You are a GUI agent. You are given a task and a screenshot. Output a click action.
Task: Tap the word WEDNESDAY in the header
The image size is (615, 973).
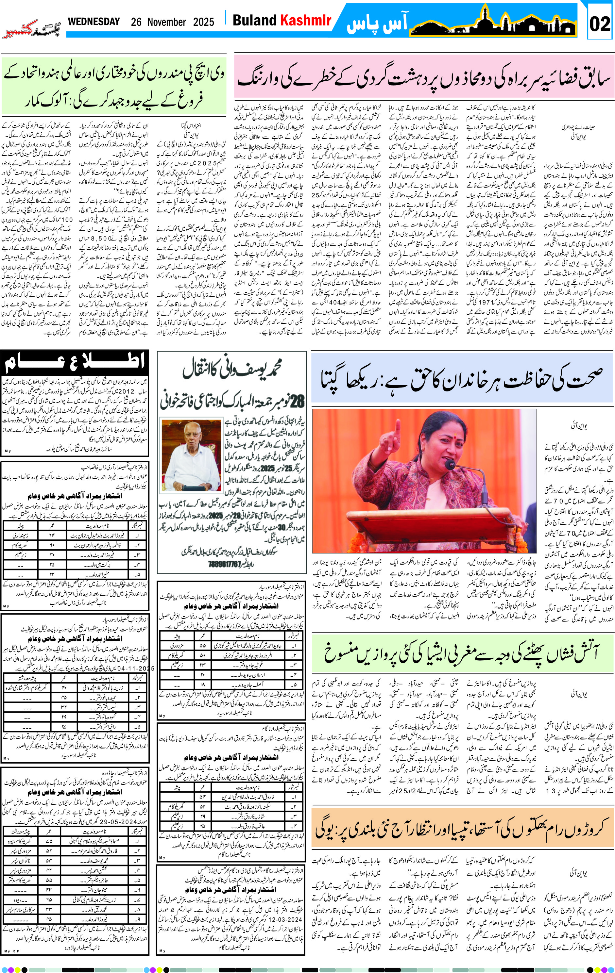click(x=94, y=22)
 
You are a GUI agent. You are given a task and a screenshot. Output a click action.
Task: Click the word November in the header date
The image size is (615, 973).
click(x=166, y=22)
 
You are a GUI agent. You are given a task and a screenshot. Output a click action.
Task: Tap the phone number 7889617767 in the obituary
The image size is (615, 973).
click(x=231, y=564)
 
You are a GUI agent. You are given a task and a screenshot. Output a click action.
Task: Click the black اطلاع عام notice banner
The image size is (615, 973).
click(x=75, y=362)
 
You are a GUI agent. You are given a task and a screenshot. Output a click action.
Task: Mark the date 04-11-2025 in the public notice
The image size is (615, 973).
click(x=134, y=668)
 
